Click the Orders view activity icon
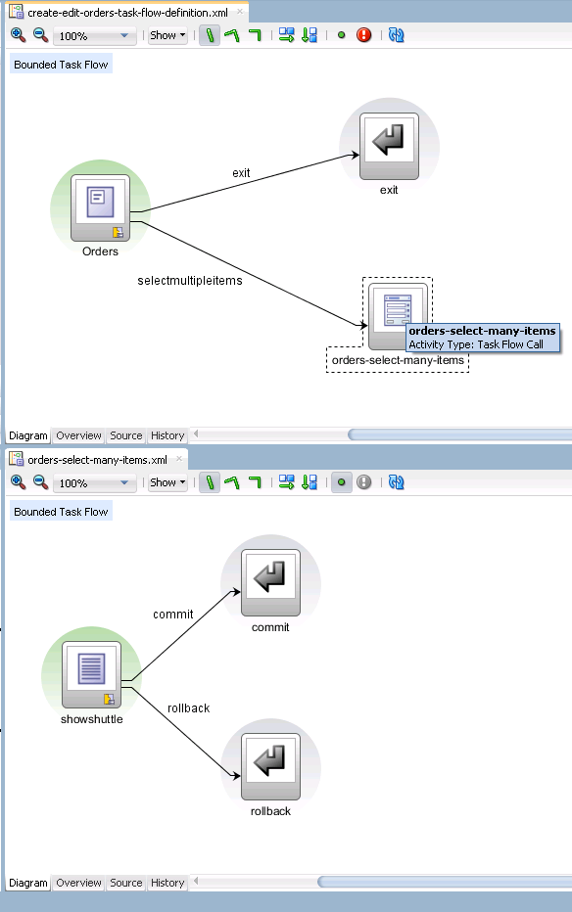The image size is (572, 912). click(100, 207)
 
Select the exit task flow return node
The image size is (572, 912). click(389, 146)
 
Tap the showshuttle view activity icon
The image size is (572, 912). click(91, 674)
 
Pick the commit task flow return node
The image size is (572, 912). click(270, 583)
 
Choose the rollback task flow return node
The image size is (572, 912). click(270, 766)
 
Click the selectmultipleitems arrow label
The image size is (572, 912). click(190, 280)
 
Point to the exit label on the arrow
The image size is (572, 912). click(241, 173)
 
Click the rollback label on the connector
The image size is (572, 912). click(188, 707)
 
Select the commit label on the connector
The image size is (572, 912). click(172, 615)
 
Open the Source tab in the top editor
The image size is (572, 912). click(126, 435)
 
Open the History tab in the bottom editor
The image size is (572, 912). click(167, 883)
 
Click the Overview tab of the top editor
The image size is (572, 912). click(78, 435)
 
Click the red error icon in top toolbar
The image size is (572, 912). click(364, 35)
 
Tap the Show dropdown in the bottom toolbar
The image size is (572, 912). click(167, 482)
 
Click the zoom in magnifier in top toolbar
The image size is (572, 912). click(18, 35)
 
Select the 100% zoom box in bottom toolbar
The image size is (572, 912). click(94, 483)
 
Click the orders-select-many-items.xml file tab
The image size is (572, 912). click(97, 460)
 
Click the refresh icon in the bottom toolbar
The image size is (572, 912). click(397, 482)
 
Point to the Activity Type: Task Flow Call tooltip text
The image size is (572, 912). click(476, 344)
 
